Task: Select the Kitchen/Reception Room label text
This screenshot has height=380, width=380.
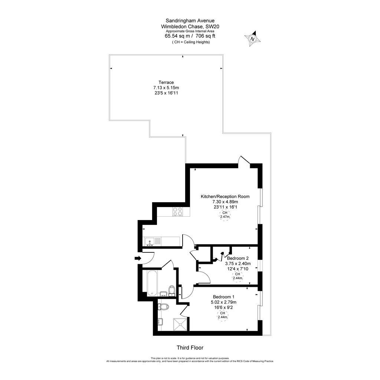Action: click(x=225, y=196)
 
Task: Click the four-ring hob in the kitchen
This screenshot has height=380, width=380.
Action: click(x=177, y=211)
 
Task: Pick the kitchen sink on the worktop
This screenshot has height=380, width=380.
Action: click(x=151, y=241)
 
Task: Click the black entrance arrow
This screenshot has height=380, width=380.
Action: click(x=138, y=258)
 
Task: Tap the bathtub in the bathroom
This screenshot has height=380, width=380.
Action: click(x=152, y=283)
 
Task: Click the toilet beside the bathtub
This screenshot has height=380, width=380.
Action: click(x=171, y=289)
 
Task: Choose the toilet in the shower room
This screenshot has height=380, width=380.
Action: click(x=163, y=307)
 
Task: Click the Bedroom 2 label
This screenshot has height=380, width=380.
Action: click(x=237, y=258)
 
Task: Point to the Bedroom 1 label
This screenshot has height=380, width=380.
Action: click(x=224, y=297)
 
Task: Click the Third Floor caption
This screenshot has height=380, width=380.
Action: click(x=190, y=348)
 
